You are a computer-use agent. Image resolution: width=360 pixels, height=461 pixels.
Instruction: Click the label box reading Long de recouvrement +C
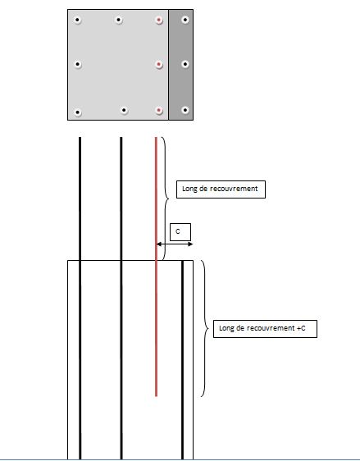coord(265,329)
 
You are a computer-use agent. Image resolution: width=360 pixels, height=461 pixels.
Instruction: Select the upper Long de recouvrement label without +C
coord(221,189)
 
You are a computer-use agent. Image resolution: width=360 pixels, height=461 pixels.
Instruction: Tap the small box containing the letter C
coord(180,232)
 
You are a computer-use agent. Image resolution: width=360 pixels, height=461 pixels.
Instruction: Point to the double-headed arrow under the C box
coord(175,244)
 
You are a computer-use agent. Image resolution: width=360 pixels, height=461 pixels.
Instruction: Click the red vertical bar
coord(156,267)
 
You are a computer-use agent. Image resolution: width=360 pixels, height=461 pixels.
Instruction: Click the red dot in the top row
coord(159,20)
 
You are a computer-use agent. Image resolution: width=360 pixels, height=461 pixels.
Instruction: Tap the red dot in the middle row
coord(159,64)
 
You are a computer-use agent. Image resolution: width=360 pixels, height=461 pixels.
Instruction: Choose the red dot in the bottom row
coord(159,111)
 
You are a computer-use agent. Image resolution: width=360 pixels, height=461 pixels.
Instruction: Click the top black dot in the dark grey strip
coord(185,20)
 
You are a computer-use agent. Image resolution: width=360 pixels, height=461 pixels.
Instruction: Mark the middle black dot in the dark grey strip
coord(185,64)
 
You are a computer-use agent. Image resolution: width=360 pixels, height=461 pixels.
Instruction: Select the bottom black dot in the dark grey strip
coord(185,110)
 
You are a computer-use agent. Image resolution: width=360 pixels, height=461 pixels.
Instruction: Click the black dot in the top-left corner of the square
coord(77,20)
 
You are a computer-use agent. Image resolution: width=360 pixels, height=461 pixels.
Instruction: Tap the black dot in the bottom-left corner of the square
coord(77,112)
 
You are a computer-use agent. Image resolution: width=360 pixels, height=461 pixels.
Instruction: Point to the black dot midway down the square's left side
coord(77,64)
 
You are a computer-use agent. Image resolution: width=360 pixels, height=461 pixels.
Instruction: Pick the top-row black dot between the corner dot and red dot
coord(118,20)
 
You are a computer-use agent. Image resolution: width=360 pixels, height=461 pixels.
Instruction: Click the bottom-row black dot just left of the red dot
coord(124,110)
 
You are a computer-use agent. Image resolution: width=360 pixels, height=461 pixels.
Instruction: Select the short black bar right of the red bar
coord(183,360)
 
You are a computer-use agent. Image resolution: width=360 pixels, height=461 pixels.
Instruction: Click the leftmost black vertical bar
coord(80,298)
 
